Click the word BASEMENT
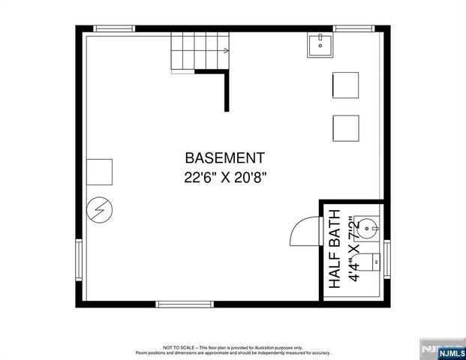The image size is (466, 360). pos(224,158)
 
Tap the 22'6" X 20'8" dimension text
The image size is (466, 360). pos(224,178)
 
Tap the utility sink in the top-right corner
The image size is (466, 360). pos(320,46)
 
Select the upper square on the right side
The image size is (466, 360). pos(346,85)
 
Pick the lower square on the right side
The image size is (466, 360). pos(346,127)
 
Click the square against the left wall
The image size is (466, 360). pos(99,172)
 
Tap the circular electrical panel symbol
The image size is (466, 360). pos(98,211)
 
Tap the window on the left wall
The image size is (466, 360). pos(80,259)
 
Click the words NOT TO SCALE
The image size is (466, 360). pos(179,347)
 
